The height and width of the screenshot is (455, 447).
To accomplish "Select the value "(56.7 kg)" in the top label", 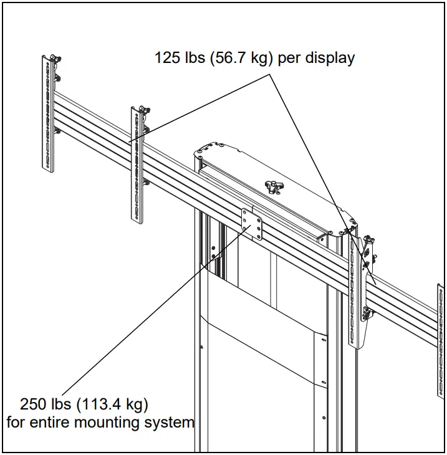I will coord(238,59).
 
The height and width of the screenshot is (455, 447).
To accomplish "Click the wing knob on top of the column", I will coord(272,186).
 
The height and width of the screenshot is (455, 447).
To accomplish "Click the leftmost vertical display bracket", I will coord(48,115).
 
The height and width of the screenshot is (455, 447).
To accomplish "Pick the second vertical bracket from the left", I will coord(137,165).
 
